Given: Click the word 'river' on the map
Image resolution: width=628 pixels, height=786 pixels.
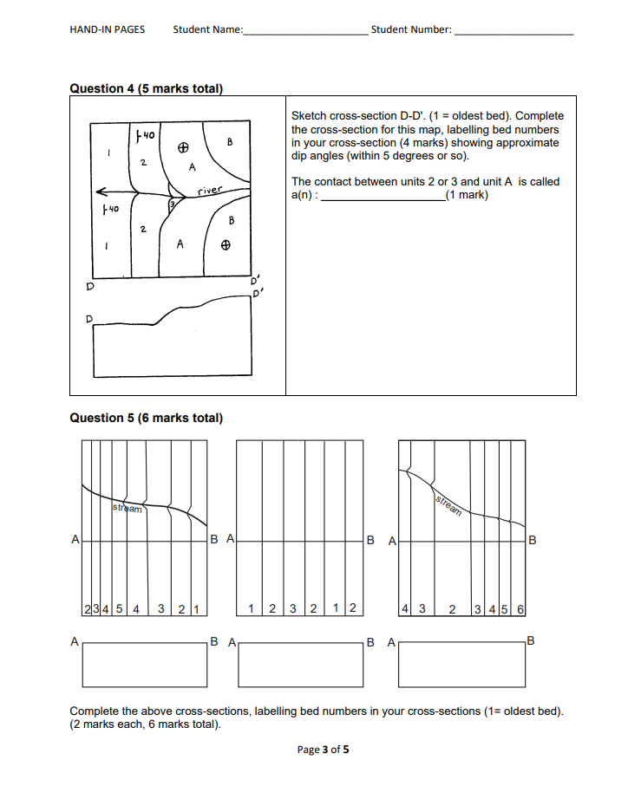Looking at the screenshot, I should click(210, 189).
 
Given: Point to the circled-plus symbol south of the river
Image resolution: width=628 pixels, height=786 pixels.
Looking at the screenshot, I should click(225, 245).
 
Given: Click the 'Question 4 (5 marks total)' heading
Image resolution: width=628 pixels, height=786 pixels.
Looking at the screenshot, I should click(146, 88).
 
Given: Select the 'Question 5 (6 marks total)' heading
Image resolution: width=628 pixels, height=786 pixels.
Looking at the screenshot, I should click(146, 418).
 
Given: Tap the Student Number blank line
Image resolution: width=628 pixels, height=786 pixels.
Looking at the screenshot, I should click(514, 32).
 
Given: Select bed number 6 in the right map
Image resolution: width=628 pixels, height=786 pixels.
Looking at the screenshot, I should click(520, 608).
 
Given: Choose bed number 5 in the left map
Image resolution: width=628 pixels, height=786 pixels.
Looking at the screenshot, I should click(119, 608).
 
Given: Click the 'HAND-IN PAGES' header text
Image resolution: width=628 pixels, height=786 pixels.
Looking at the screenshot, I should click(107, 29).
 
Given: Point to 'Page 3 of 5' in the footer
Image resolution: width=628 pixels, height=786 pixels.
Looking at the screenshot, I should click(323, 750).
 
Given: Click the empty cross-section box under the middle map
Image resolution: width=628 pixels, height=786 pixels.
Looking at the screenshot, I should click(300, 665).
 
